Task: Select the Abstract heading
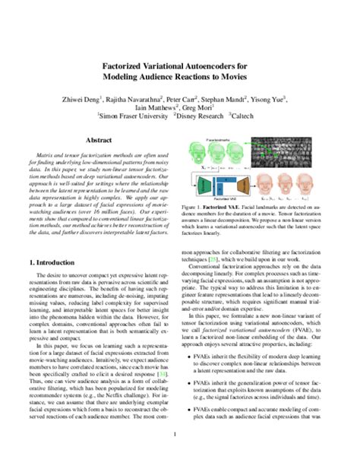click(99, 141)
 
